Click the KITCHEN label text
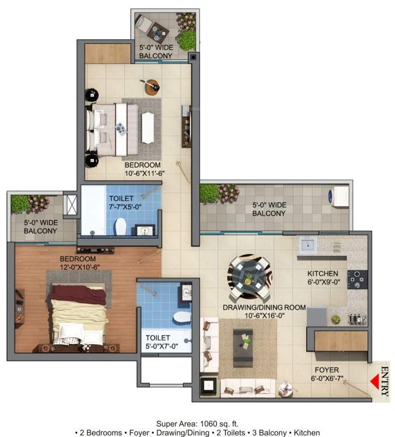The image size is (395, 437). click(x=323, y=273)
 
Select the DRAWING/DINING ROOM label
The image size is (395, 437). click(x=264, y=307)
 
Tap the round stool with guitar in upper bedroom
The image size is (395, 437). click(x=152, y=86)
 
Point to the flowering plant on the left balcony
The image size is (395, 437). click(x=39, y=203)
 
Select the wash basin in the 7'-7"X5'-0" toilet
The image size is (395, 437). click(x=146, y=230)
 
